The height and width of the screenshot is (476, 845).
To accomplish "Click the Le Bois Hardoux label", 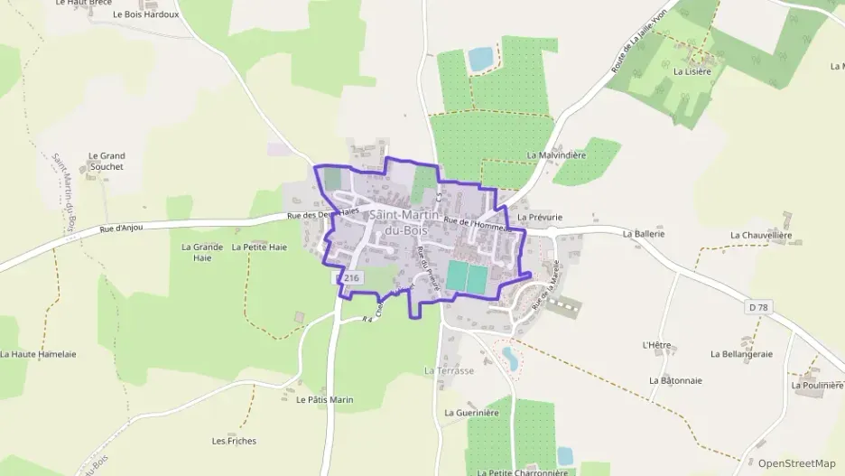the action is click(x=145, y=14).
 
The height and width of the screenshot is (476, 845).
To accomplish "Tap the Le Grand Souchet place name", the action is click(x=107, y=161).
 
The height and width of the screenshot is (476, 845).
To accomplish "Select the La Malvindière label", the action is click(x=556, y=155).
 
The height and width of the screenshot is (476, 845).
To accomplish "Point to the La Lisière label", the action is click(x=692, y=70).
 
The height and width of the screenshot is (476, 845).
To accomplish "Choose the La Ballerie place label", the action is click(x=644, y=233).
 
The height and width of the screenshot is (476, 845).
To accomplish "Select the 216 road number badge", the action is click(x=351, y=278).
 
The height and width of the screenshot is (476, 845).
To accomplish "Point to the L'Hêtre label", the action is click(x=655, y=345).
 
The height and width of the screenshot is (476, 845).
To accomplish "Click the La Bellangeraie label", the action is click(x=742, y=354).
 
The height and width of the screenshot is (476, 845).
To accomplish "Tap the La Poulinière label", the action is click(x=817, y=385).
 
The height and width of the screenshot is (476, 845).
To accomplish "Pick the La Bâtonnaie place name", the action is click(x=675, y=380).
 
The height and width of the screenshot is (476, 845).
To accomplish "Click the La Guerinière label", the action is click(x=471, y=413).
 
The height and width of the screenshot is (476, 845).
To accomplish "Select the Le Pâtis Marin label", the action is click(x=325, y=399).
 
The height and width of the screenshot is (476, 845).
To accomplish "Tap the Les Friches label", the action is click(x=234, y=441).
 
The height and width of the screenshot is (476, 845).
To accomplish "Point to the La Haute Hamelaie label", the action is click(x=37, y=354).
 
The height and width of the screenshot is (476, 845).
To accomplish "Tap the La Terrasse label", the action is click(x=449, y=370).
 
